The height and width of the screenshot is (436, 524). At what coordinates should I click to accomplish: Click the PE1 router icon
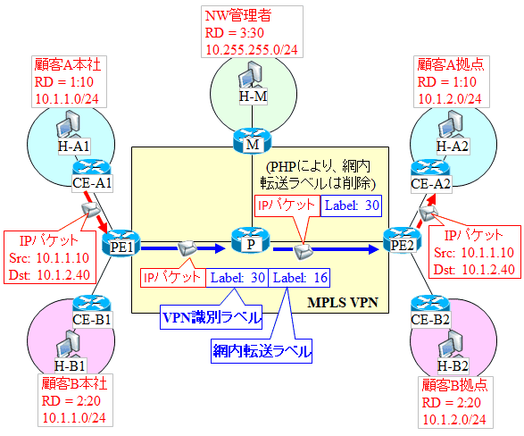pos(121,243)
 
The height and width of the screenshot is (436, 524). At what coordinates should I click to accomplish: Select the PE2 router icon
pos(402,241)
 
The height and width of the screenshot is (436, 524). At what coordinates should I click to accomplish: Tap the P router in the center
pos(251,240)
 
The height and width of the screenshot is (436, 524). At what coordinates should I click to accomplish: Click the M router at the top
pos(253,141)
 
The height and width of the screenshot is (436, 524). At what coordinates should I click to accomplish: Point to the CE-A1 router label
pos(92,183)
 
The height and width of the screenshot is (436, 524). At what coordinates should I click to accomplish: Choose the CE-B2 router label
pos(431,320)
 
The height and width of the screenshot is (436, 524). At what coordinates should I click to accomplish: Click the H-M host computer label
pos(254,96)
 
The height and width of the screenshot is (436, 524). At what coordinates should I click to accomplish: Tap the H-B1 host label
pos(71,365)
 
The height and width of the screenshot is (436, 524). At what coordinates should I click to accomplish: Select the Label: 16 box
pos(299,278)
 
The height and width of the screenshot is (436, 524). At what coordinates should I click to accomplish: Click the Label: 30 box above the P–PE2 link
pos(351,205)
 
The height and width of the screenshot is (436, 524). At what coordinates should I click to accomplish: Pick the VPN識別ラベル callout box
pos(211,317)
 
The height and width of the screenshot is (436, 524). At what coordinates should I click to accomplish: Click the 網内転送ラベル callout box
pos(262,351)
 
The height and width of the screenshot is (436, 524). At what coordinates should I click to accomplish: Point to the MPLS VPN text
pos(343,302)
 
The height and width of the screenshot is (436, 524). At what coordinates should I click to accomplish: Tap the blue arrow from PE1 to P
pos(183,248)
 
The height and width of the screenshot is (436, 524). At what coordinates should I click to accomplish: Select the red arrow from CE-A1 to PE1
pos(96,212)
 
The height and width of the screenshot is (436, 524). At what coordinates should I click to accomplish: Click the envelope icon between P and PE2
pos(304,251)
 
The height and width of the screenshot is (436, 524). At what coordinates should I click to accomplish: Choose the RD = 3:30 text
pos(234,33)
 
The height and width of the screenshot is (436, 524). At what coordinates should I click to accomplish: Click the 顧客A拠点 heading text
pos(450,64)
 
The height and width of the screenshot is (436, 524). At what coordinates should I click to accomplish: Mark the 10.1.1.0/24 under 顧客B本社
pos(74,417)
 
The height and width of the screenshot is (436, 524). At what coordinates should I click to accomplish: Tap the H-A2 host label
pos(453,147)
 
